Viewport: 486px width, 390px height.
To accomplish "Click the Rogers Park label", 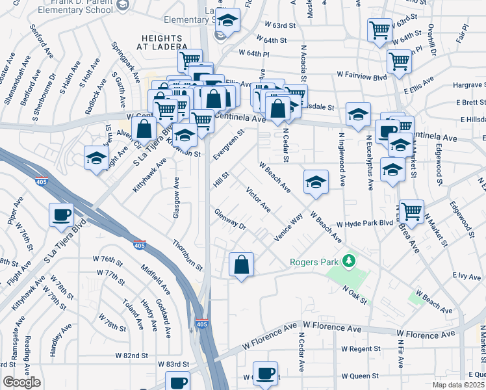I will click(315, 263).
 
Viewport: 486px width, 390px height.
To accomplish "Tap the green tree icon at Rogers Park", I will click(350, 261).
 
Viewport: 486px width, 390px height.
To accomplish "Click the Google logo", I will click(21, 382).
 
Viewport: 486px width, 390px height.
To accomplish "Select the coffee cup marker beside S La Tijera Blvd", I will click(61, 214).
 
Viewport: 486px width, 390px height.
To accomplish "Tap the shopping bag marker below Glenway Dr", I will click(241, 264).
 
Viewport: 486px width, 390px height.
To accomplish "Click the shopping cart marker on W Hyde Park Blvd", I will click(411, 211).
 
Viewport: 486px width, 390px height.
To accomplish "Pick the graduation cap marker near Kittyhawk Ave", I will click(96, 157).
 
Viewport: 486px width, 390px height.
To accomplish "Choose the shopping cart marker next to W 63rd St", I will click(379, 29).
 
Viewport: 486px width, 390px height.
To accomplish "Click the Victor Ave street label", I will click(258, 200).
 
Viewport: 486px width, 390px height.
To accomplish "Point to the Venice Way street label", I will click(288, 228).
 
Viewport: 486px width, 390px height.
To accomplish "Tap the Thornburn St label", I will click(188, 255).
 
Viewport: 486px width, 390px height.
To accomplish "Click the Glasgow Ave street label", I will click(176, 193).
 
